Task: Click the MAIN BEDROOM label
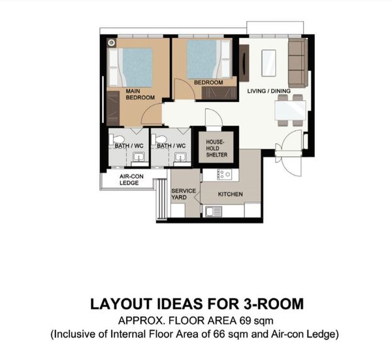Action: (x=140, y=94)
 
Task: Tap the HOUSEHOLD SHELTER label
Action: (x=216, y=148)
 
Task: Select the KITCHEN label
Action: (x=230, y=194)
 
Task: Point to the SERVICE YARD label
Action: (x=183, y=194)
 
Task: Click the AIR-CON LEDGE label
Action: (x=131, y=180)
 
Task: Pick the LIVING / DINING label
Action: (x=269, y=91)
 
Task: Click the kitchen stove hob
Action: (x=225, y=174)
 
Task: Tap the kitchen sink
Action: (x=214, y=211)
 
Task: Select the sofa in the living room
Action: (x=298, y=62)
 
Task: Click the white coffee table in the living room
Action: (x=269, y=63)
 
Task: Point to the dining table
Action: (x=290, y=110)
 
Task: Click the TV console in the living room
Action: (x=244, y=63)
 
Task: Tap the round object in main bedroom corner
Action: (x=112, y=43)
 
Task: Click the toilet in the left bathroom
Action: (x=117, y=139)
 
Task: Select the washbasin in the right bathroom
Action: (x=180, y=157)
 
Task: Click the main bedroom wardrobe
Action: (x=113, y=108)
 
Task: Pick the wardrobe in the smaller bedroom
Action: (x=219, y=93)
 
